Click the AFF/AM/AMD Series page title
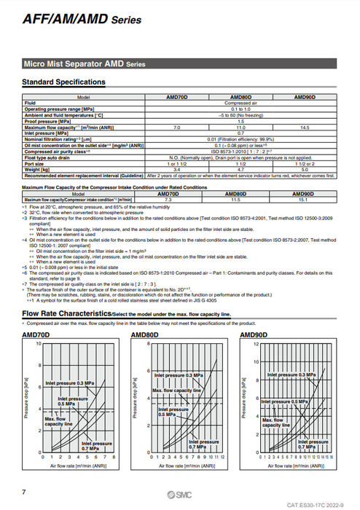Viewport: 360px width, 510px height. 82,20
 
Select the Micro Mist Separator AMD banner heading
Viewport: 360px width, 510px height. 85,64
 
